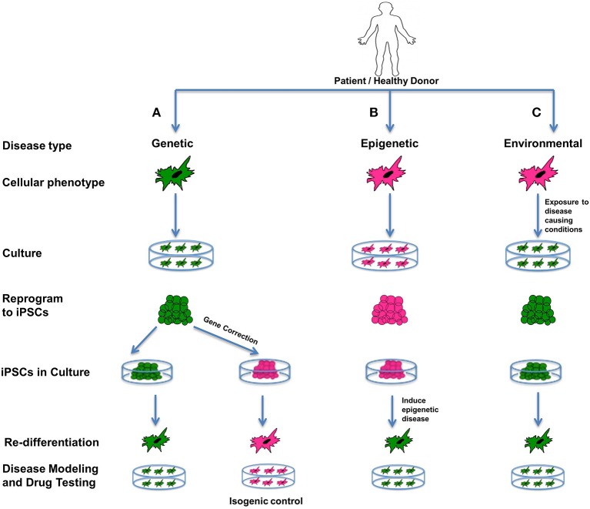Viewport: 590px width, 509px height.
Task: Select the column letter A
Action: [156, 112]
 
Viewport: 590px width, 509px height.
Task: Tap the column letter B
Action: [395, 112]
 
